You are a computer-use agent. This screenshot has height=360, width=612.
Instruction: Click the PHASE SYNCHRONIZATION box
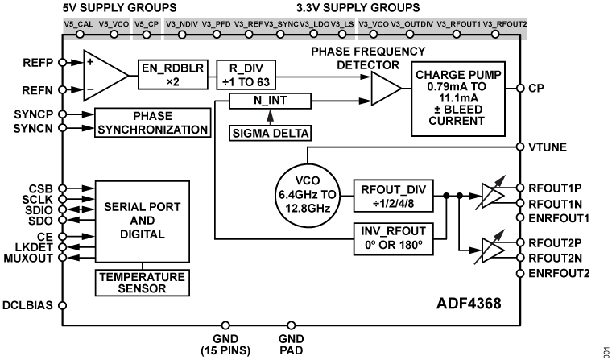click(x=153, y=122)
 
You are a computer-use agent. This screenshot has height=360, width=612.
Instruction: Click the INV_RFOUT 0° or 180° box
click(x=392, y=238)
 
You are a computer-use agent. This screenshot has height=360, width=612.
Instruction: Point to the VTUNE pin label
click(x=549, y=147)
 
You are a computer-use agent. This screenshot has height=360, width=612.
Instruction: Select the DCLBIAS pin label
click(x=27, y=306)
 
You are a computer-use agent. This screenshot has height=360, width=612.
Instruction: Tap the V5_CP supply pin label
click(x=145, y=25)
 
